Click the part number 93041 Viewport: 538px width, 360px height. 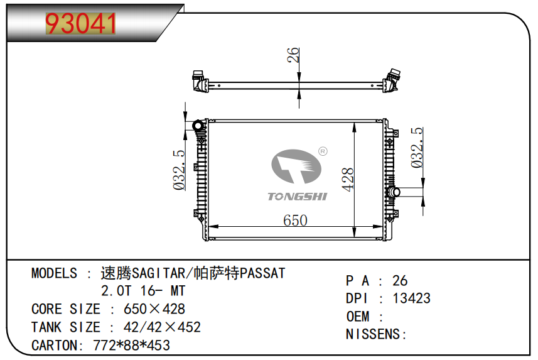pos(82,24)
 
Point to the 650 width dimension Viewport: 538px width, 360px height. pos(295,221)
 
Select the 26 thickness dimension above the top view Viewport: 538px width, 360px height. pos(293,56)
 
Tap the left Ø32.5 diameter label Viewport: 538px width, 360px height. pos(178,170)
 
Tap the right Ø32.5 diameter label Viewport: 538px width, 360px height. pos(416,148)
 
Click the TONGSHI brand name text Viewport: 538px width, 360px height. pos(298,197)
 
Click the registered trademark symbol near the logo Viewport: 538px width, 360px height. pos(322,151)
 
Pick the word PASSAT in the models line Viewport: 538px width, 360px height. pos(263,273)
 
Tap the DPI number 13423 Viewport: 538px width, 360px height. pos(412,298)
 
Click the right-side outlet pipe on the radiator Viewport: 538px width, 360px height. pos(407,191)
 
